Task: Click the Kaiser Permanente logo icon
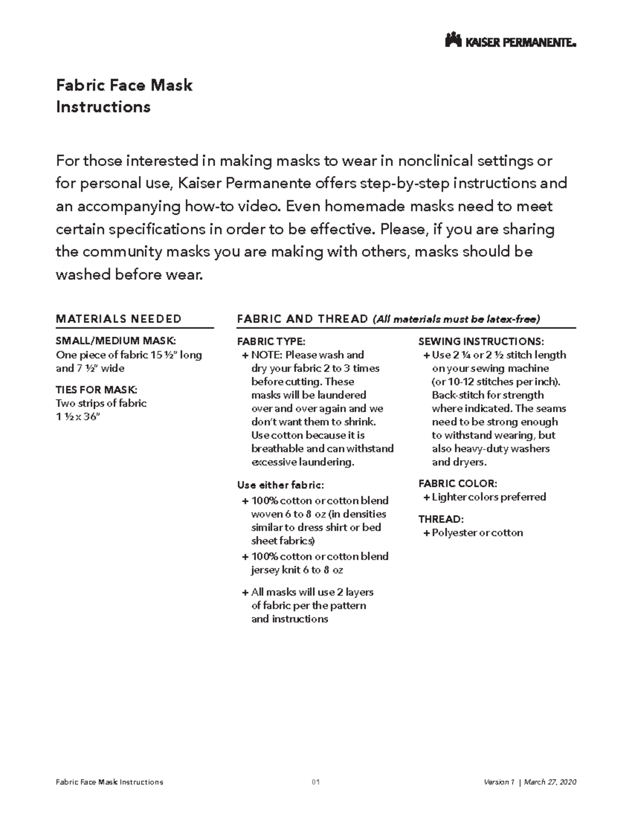click(x=453, y=41)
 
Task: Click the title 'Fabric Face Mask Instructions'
click(x=124, y=96)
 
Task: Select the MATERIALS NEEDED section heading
click(x=118, y=319)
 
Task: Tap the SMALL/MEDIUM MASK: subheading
click(x=116, y=341)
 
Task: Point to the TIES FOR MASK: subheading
click(x=96, y=390)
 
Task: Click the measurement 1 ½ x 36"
click(x=77, y=417)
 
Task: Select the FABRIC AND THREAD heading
click(x=303, y=319)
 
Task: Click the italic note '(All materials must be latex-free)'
click(x=456, y=319)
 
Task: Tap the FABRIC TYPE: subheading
click(x=271, y=341)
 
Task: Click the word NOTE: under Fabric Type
click(x=266, y=355)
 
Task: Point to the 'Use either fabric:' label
click(x=281, y=485)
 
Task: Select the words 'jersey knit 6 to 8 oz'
click(x=297, y=570)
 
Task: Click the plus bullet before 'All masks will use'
click(x=245, y=593)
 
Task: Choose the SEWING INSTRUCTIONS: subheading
click(x=481, y=341)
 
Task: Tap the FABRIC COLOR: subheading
click(x=457, y=484)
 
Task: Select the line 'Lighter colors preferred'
click(x=489, y=497)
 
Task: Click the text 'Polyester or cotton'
click(x=477, y=533)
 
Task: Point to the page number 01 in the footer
click(x=316, y=782)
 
